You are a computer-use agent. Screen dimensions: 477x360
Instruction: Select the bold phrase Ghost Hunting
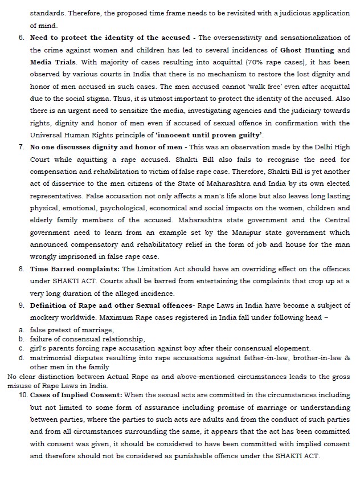coord(311,50)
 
